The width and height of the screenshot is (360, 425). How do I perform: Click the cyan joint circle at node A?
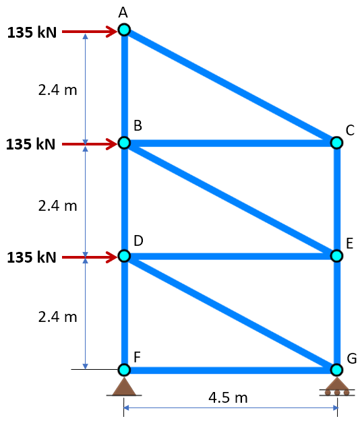[124, 30]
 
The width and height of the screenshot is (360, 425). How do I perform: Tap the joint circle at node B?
[124, 143]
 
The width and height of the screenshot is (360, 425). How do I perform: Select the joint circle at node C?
[336, 143]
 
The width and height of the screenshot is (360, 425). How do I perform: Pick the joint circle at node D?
[124, 256]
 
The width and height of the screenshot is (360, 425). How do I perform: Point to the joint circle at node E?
[336, 256]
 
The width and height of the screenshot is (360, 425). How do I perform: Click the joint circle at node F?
[124, 370]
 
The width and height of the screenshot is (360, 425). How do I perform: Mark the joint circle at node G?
[336, 370]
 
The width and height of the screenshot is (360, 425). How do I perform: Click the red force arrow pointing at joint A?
[90, 32]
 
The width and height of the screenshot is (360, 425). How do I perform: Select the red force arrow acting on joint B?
[90, 144]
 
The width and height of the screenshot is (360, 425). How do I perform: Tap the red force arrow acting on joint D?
[90, 257]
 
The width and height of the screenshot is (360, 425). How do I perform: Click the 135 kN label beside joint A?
[32, 32]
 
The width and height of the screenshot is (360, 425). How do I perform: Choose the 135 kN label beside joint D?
[32, 257]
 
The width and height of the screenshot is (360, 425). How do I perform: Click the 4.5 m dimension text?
[228, 397]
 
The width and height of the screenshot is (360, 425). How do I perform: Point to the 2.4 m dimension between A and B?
[57, 90]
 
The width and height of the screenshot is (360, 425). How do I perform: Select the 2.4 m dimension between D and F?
[57, 317]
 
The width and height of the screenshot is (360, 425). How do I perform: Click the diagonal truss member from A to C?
[231, 86]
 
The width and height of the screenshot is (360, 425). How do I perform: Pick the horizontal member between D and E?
[231, 256]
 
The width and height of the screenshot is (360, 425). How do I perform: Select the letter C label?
[350, 131]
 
